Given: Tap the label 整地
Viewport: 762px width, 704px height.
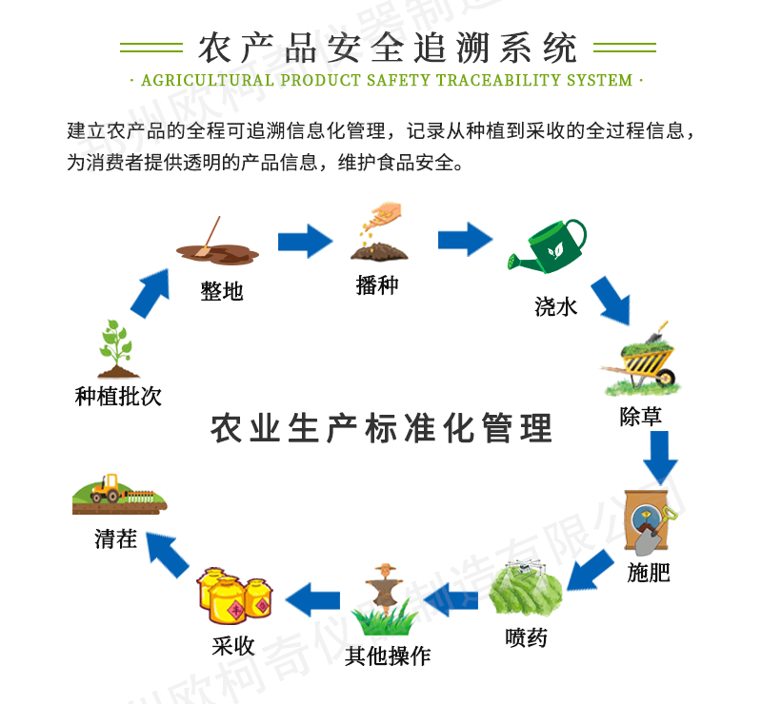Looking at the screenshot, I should click(x=222, y=291).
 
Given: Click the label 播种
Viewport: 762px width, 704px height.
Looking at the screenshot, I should click(x=377, y=285).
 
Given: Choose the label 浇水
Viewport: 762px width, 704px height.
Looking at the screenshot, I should click(x=556, y=306).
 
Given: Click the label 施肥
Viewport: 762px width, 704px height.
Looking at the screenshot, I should click(x=649, y=574).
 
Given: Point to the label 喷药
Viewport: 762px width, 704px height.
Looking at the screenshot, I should click(x=526, y=636).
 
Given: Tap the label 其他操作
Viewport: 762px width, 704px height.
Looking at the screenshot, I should click(x=388, y=655).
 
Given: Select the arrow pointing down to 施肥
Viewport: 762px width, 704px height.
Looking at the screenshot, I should click(x=659, y=457).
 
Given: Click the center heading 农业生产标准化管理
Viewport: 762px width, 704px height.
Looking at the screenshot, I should click(x=381, y=427).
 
